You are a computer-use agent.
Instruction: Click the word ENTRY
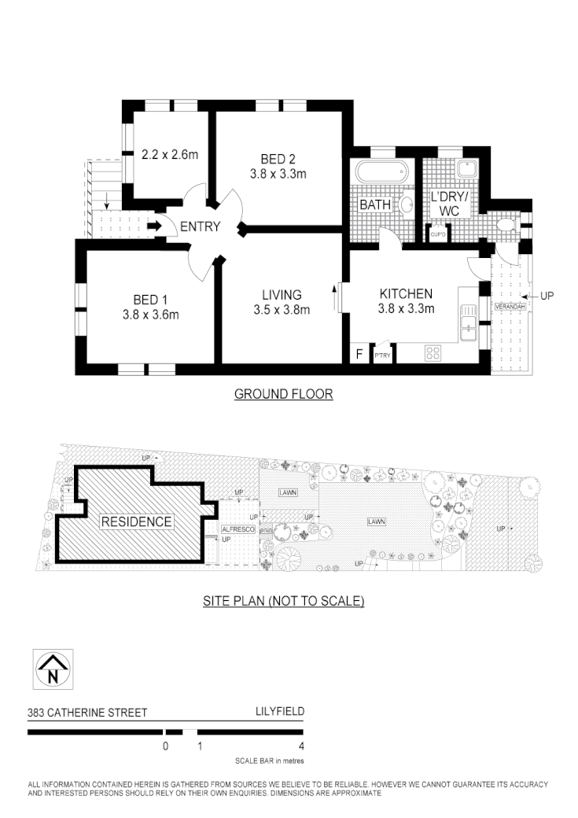pos(200,227)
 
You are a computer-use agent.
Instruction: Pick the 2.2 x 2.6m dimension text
pos(169,155)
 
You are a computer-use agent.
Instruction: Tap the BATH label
pos(375,205)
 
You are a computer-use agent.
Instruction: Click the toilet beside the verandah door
pos(506,227)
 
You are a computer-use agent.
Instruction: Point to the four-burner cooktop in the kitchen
pos(433,353)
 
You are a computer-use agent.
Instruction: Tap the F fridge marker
pos(359,355)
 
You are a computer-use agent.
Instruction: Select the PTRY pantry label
pos(383,356)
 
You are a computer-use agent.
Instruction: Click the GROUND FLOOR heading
pos(283,394)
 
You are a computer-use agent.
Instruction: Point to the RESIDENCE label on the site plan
pos(136,521)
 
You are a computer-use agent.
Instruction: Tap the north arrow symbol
pos(53,669)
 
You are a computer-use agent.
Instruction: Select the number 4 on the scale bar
pos(301,746)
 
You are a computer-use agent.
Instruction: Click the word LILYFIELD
pos(280,712)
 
